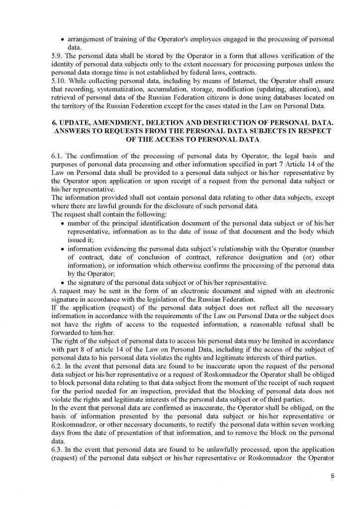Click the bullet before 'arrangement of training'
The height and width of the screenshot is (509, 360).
point(62,39)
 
